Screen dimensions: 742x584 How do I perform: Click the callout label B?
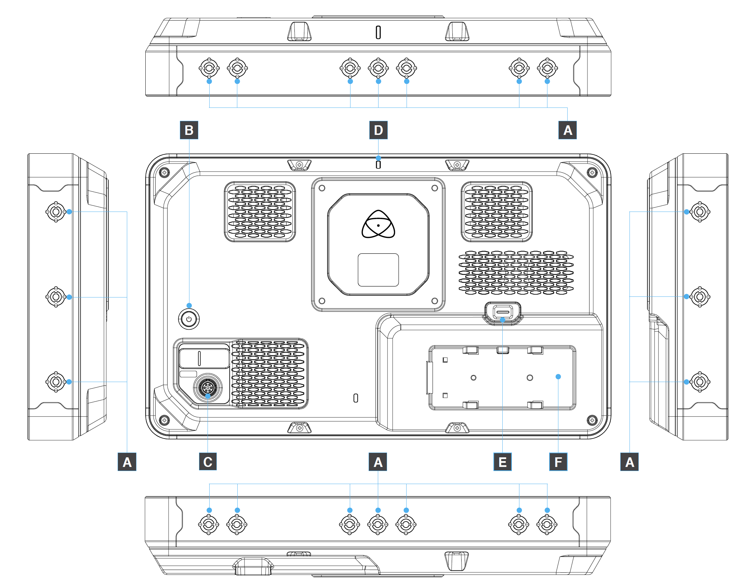[x=189, y=130]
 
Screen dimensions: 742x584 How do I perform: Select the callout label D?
[x=378, y=130]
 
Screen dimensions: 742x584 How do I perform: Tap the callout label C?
[x=208, y=462]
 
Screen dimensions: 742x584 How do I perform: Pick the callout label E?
[x=503, y=462]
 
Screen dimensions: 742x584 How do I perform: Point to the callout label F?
[x=558, y=462]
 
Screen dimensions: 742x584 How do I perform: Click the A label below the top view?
[x=568, y=130]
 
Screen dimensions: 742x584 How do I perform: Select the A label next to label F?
[x=630, y=462]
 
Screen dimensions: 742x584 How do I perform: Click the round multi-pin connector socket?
[x=208, y=388]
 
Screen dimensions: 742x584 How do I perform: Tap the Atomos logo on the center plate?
[x=378, y=225]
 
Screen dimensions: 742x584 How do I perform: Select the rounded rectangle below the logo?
[x=378, y=270]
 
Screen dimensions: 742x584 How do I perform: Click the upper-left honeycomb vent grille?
[x=260, y=212]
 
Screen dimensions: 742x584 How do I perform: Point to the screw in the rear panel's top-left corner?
[x=164, y=172]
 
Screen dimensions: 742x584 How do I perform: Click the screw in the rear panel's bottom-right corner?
[x=592, y=420]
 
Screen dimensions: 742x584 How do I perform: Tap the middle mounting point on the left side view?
[x=56, y=297]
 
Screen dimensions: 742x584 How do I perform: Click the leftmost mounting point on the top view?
[x=209, y=68]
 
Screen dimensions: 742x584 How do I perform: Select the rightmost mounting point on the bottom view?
[x=547, y=524]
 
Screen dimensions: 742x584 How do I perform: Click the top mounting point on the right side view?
[x=700, y=212]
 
